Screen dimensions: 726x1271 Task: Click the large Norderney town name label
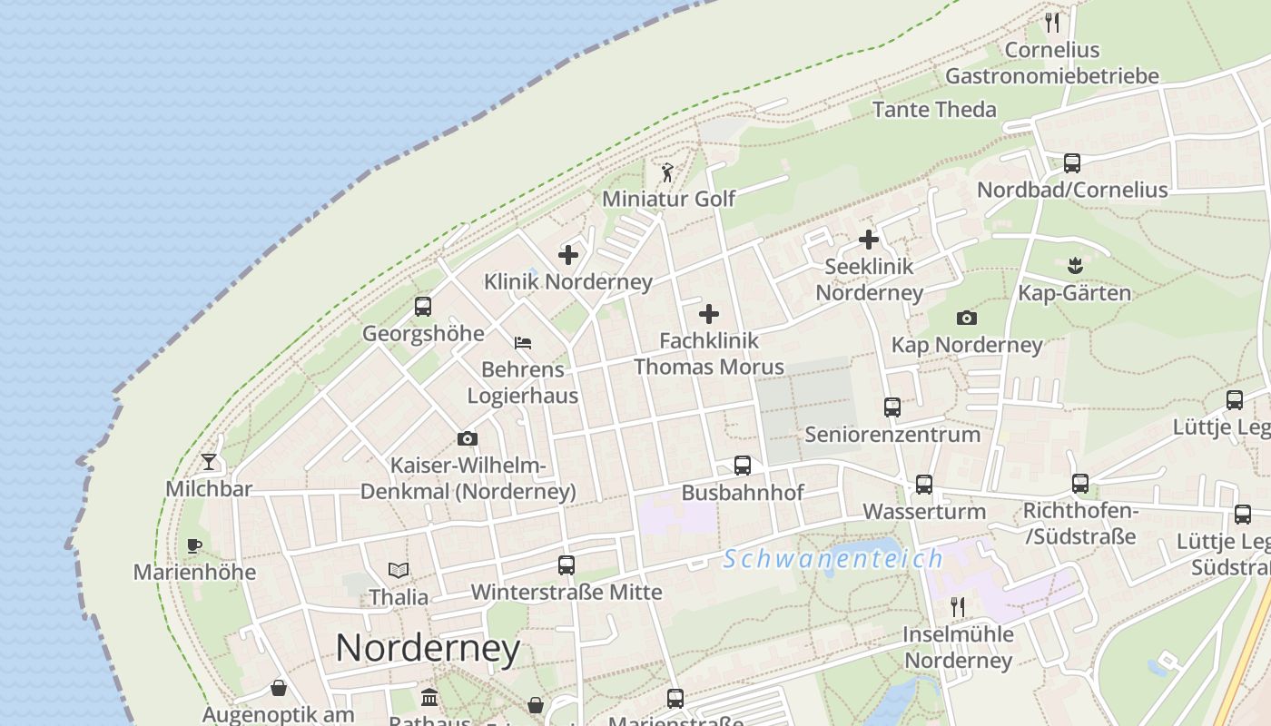tap(428, 648)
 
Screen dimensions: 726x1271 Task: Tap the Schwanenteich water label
tap(833, 558)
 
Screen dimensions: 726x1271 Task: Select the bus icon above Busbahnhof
tap(743, 466)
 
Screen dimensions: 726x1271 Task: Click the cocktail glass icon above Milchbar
tap(209, 461)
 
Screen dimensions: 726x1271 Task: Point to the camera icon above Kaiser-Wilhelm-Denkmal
tap(468, 439)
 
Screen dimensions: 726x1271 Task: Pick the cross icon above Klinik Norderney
tap(568, 255)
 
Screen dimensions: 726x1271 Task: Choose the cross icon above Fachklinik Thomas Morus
tap(709, 314)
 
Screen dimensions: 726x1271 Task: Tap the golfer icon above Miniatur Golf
tap(668, 172)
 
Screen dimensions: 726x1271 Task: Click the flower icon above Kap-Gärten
tap(1076, 266)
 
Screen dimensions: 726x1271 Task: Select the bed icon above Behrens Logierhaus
tap(523, 343)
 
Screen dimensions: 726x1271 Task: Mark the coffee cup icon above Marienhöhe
tap(193, 545)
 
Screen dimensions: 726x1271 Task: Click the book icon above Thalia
tap(399, 570)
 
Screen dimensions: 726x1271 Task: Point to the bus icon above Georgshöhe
tap(423, 307)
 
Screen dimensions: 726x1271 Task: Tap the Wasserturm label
tap(923, 511)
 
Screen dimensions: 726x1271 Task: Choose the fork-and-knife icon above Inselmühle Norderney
tap(958, 606)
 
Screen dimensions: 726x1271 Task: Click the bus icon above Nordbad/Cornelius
tap(1072, 163)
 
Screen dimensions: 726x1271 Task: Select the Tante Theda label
tap(934, 110)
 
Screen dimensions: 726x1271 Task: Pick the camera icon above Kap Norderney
tap(967, 318)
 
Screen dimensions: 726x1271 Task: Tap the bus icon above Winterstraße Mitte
tap(567, 565)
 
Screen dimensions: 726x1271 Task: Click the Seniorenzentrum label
tap(892, 434)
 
